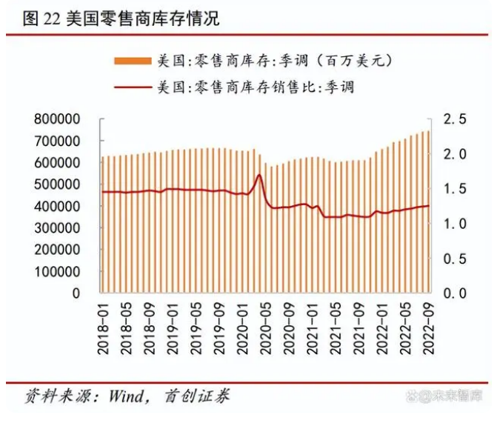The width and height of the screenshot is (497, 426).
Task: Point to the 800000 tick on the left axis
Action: [58, 119]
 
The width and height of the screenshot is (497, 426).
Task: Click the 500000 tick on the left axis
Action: [58, 184]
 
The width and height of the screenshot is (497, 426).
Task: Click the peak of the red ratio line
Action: [259, 175]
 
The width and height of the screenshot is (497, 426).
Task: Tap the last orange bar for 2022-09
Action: [428, 215]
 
